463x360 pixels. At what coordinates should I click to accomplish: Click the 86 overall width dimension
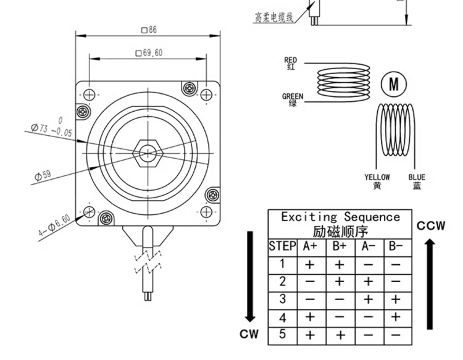149,29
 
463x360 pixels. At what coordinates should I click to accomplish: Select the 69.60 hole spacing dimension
149,53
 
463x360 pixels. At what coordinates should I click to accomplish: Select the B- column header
395,246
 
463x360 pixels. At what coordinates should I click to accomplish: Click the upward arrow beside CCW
430,284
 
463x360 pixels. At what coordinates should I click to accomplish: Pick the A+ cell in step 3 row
311,299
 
